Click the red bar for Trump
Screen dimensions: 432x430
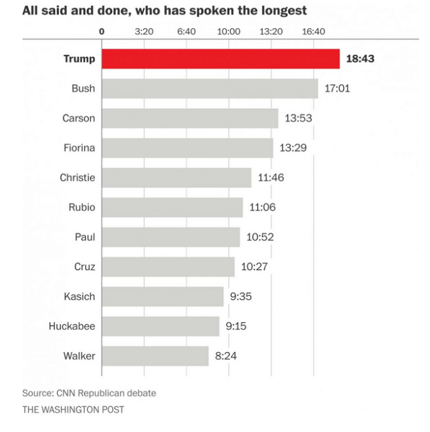click(220, 59)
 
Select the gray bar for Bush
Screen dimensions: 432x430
click(210, 88)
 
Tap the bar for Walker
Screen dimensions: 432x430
click(155, 356)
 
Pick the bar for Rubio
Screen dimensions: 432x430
click(172, 208)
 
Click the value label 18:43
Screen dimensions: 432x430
click(360, 59)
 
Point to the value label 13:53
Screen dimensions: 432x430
click(299, 119)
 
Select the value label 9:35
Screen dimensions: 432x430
click(241, 296)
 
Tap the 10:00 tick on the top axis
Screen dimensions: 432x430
click(229, 31)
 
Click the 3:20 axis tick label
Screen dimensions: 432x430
click(144, 31)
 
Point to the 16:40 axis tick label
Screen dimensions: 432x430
click(313, 31)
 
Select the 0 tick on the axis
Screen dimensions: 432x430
click(102, 31)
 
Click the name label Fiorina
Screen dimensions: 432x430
click(79, 148)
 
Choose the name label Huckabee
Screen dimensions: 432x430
click(71, 326)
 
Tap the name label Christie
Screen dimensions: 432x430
click(77, 178)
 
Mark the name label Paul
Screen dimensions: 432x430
click(84, 237)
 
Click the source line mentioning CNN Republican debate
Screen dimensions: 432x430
click(89, 393)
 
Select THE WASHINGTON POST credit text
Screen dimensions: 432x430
click(73, 410)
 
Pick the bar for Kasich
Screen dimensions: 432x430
click(163, 296)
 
